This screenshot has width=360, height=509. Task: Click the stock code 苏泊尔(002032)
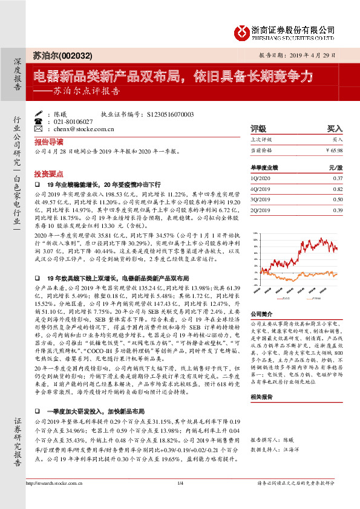point(60,56)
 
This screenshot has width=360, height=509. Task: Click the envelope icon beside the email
point(38,129)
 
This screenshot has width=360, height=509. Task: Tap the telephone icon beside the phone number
point(38,122)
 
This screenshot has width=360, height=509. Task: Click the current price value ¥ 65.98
point(334,149)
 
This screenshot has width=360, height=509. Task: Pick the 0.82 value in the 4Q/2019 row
point(338,189)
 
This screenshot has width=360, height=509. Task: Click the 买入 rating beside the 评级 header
point(335,129)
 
